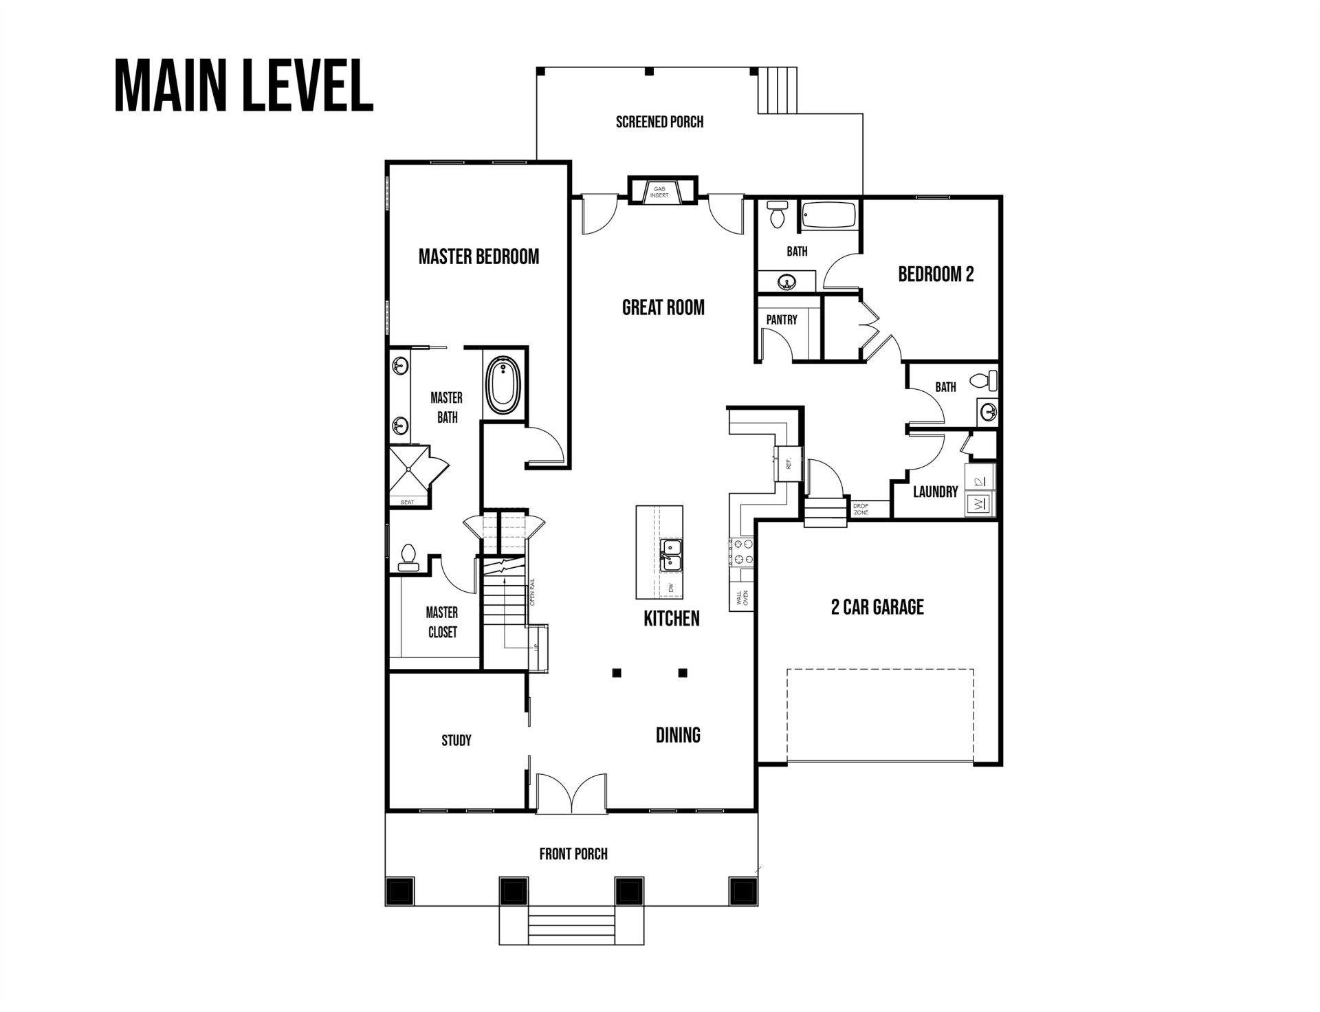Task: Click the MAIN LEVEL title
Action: tap(243, 87)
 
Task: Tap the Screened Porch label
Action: tap(659, 122)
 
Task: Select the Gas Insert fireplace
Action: tap(659, 192)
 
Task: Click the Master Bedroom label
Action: tap(478, 257)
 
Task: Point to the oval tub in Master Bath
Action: tap(505, 385)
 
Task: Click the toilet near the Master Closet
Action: tap(407, 558)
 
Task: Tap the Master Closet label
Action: tap(442, 622)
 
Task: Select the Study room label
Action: tap(456, 740)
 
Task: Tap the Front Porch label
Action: tap(573, 854)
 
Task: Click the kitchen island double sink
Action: tap(670, 555)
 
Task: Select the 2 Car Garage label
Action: tap(877, 607)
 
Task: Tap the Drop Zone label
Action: tap(861, 509)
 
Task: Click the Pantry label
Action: tap(782, 320)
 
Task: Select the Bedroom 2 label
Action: tap(936, 274)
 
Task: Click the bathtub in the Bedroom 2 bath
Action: tap(830, 217)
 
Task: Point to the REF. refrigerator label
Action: tap(789, 462)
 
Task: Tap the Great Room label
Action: tap(663, 307)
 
